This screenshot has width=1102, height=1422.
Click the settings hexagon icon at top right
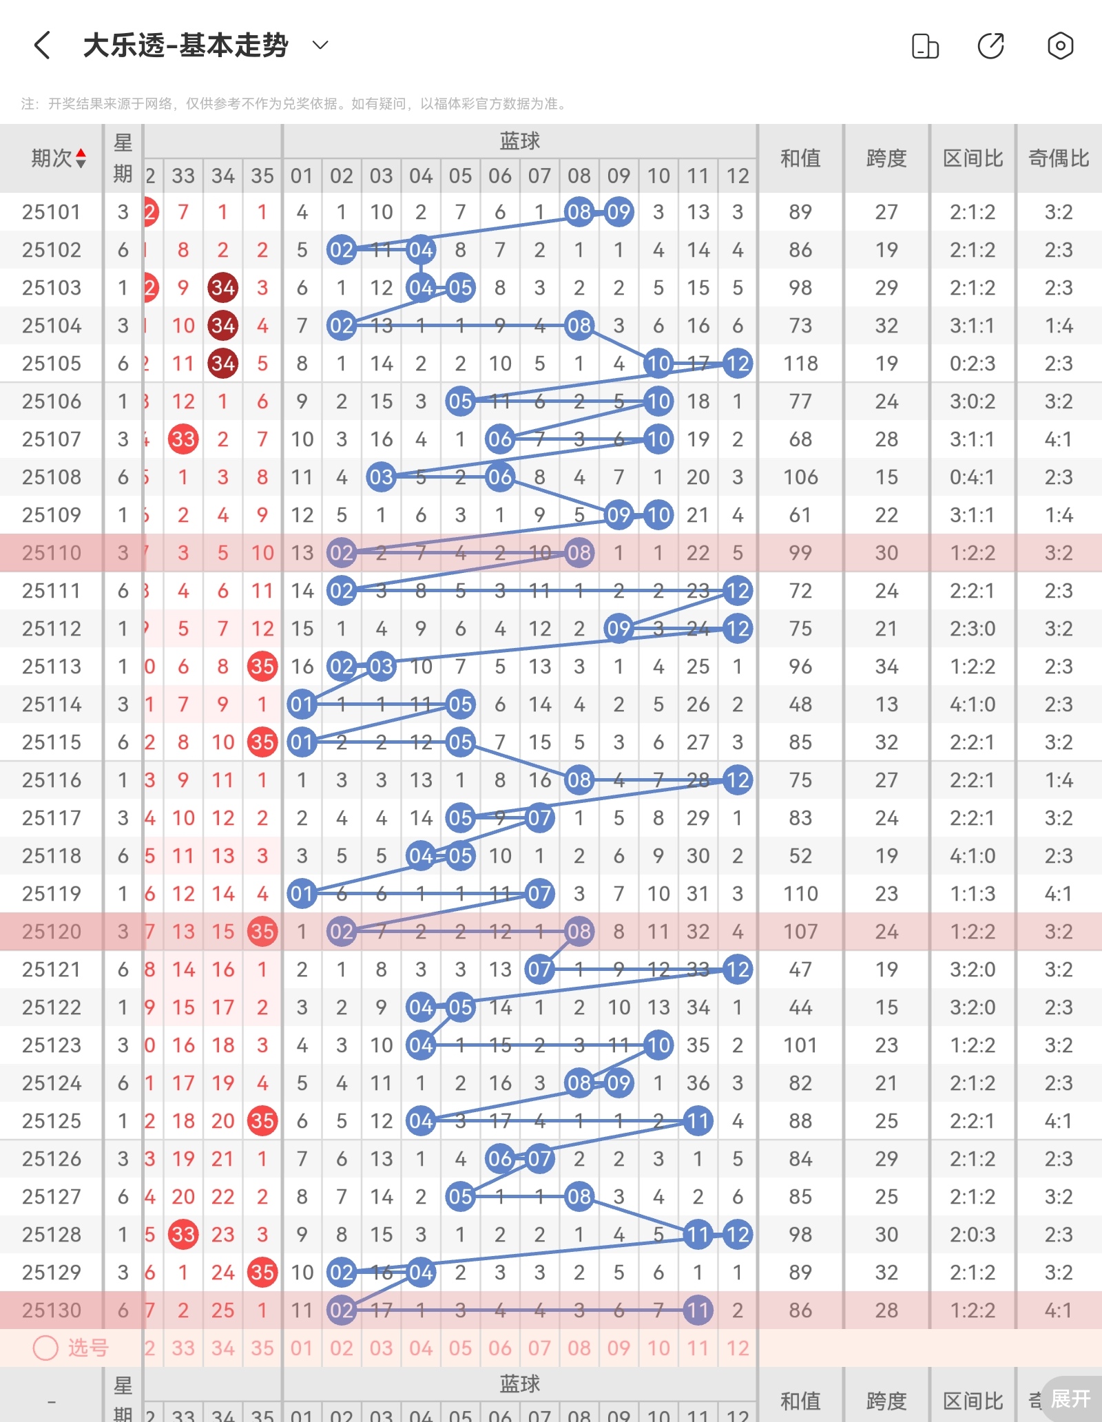[1060, 46]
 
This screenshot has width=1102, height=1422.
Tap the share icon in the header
[990, 46]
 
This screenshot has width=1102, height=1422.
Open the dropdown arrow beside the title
[320, 45]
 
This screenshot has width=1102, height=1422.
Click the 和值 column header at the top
[800, 158]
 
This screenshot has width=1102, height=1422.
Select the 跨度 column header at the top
[886, 158]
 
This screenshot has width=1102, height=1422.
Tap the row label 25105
[52, 364]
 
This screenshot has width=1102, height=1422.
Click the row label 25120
[52, 932]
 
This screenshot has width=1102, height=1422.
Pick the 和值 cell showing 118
[800, 364]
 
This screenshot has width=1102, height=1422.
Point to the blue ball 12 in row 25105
[738, 364]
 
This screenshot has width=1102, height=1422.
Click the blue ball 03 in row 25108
[381, 477]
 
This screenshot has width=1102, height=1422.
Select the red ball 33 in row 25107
[183, 439]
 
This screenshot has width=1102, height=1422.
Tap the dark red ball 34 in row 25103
[222, 288]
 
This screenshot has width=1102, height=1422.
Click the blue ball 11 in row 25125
[698, 1121]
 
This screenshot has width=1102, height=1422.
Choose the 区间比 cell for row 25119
[973, 894]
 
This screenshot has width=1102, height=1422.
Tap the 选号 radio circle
[46, 1348]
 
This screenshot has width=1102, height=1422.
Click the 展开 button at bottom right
[1070, 1399]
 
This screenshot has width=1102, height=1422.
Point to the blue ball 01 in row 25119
[302, 894]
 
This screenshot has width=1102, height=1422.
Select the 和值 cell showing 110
[800, 894]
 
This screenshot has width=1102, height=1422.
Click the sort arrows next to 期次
[81, 158]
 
